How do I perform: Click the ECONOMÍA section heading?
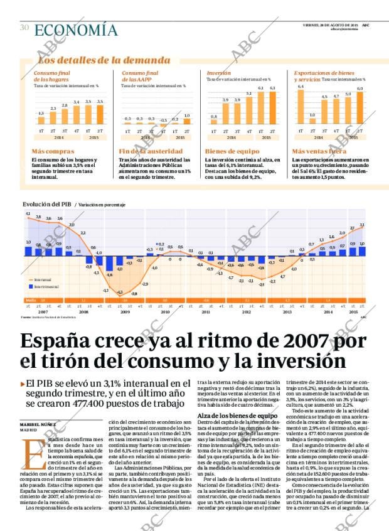coord(75,29)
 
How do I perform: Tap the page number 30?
coord(24,28)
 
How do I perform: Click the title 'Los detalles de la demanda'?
coord(104,60)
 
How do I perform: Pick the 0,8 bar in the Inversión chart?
coord(214,122)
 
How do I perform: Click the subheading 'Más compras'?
coord(53,151)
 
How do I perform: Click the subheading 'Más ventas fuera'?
coord(319,151)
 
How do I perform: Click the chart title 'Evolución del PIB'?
coord(47,205)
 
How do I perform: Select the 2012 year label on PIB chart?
coord(246,311)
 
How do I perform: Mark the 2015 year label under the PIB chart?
coord(353,311)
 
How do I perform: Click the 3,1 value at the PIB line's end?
coord(362,225)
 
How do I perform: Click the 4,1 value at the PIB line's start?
coord(28,214)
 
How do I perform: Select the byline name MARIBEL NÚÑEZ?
coord(38,425)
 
